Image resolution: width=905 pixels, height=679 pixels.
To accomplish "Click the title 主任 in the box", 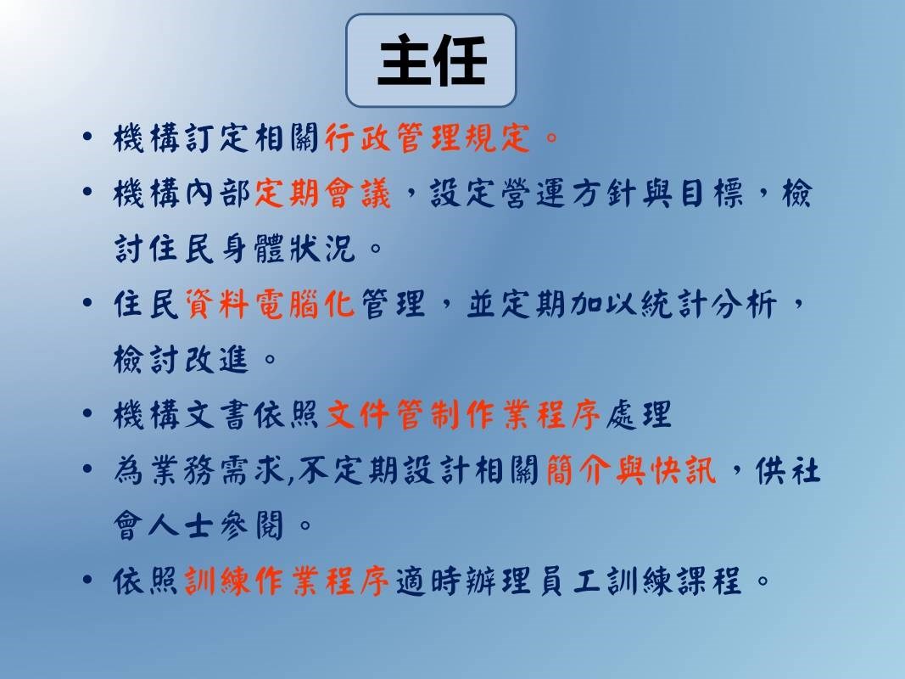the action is point(432,60).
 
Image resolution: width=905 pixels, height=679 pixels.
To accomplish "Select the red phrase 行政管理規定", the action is point(427,138).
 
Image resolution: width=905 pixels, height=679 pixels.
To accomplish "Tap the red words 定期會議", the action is point(322,194).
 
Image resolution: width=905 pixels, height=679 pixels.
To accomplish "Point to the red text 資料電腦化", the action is point(270,305).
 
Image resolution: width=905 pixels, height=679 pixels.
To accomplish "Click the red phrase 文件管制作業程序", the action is point(463,415).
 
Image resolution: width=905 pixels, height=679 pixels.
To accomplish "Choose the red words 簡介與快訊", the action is point(631,470).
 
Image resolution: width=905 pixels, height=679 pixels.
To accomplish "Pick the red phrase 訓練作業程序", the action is point(287,581).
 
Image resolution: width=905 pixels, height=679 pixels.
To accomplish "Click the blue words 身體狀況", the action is point(287,249).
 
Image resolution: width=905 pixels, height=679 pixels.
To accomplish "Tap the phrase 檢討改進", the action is point(182,359).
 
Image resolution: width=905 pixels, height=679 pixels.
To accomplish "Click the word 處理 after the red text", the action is point(639,415).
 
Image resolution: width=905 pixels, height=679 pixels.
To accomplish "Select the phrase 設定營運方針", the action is point(533,194).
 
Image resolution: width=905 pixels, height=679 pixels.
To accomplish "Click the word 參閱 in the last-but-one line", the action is point(252,525).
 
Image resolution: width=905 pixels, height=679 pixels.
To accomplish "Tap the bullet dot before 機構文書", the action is point(87,413).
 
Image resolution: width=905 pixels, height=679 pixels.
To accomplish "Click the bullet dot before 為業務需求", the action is point(87,469).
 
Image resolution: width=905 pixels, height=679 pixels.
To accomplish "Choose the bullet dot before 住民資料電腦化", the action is point(87,302).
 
